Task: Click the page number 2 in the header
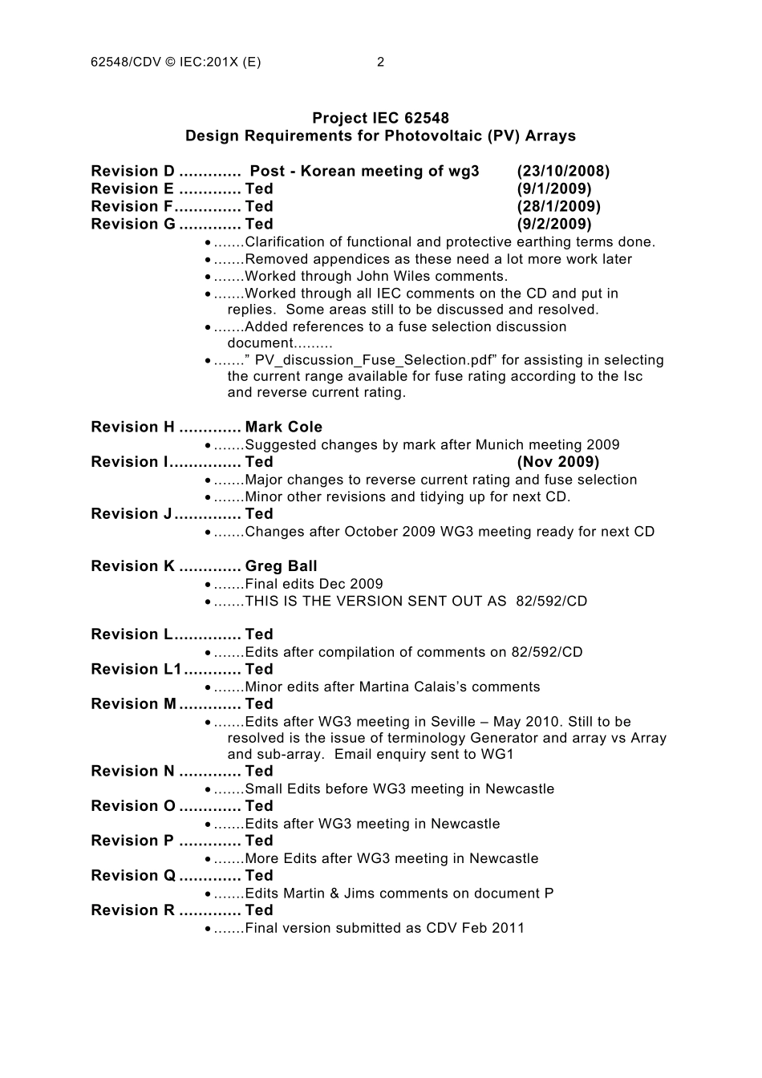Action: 381,63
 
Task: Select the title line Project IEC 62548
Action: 380,119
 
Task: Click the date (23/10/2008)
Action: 563,172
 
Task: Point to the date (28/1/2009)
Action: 558,207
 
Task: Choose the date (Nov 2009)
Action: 558,462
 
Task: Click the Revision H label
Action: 133,428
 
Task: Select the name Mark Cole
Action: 284,428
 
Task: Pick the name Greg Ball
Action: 282,566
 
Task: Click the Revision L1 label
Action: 137,670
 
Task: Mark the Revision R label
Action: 133,910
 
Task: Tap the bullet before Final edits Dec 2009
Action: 209,585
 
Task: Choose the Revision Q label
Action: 133,876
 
